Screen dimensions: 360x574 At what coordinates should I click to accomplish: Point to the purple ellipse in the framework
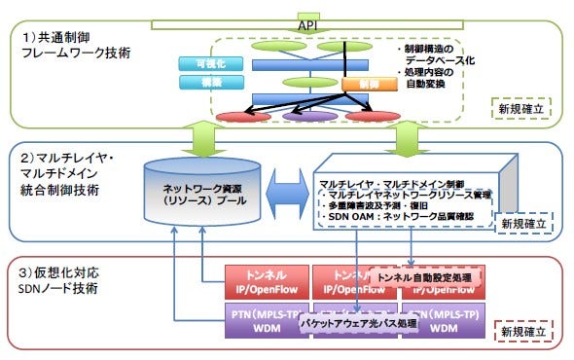[310, 117]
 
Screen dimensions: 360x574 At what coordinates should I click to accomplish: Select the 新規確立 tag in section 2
[522, 223]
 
